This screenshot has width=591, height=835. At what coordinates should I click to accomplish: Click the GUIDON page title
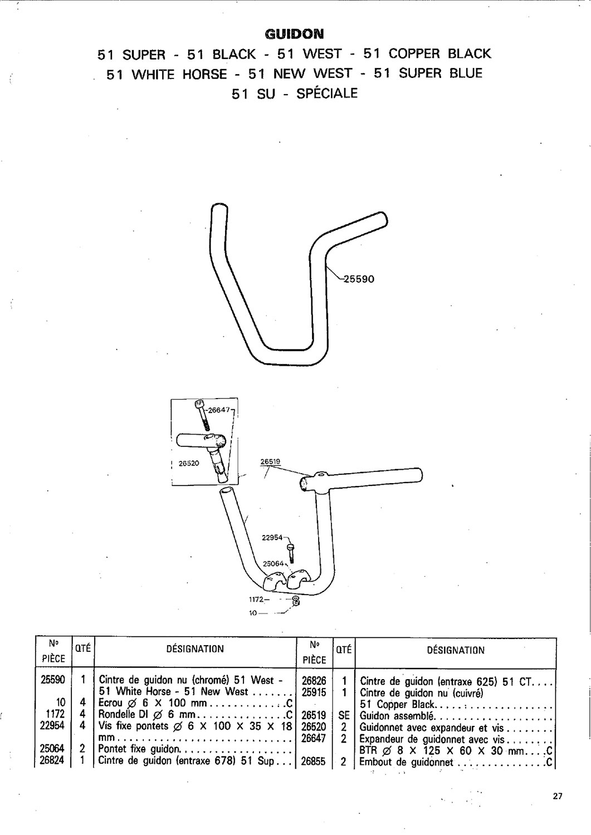[294, 35]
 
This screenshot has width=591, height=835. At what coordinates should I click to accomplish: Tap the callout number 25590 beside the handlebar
[359, 279]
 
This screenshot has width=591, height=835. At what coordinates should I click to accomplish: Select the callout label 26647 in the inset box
[219, 410]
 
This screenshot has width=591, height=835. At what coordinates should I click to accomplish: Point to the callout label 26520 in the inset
[189, 463]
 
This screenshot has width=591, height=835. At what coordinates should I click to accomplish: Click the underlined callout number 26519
[271, 461]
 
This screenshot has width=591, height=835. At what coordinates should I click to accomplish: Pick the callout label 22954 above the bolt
[272, 538]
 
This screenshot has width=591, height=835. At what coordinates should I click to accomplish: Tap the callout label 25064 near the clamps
[273, 563]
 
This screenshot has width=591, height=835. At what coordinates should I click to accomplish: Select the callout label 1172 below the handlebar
[256, 600]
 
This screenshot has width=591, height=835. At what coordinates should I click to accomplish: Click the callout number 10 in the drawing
[253, 613]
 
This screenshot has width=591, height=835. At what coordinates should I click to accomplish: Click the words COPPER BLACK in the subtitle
[440, 53]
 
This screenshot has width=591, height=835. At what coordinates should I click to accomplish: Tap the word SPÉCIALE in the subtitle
[327, 93]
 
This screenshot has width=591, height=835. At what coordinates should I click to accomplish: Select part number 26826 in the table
[314, 681]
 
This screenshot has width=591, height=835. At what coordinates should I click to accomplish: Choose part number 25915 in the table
[314, 692]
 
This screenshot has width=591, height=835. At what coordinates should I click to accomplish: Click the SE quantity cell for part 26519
[344, 715]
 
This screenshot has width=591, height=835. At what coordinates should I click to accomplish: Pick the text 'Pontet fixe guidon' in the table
[140, 749]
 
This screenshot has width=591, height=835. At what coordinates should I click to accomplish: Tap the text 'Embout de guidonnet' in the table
[406, 762]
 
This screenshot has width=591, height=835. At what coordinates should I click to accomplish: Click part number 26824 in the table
[52, 760]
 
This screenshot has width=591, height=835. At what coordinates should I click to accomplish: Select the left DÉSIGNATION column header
[195, 649]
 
